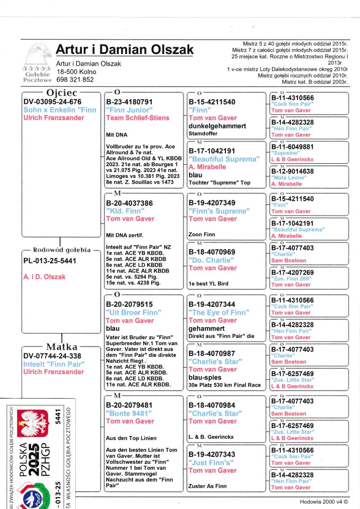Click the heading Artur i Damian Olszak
(125, 50)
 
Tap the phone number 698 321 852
(75, 80)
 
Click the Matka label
(62, 347)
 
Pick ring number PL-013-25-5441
(50, 261)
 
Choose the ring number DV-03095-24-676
(53, 102)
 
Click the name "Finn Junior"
(129, 110)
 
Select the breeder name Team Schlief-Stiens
(138, 118)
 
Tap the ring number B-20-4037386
(129, 203)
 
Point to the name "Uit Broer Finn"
(134, 312)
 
